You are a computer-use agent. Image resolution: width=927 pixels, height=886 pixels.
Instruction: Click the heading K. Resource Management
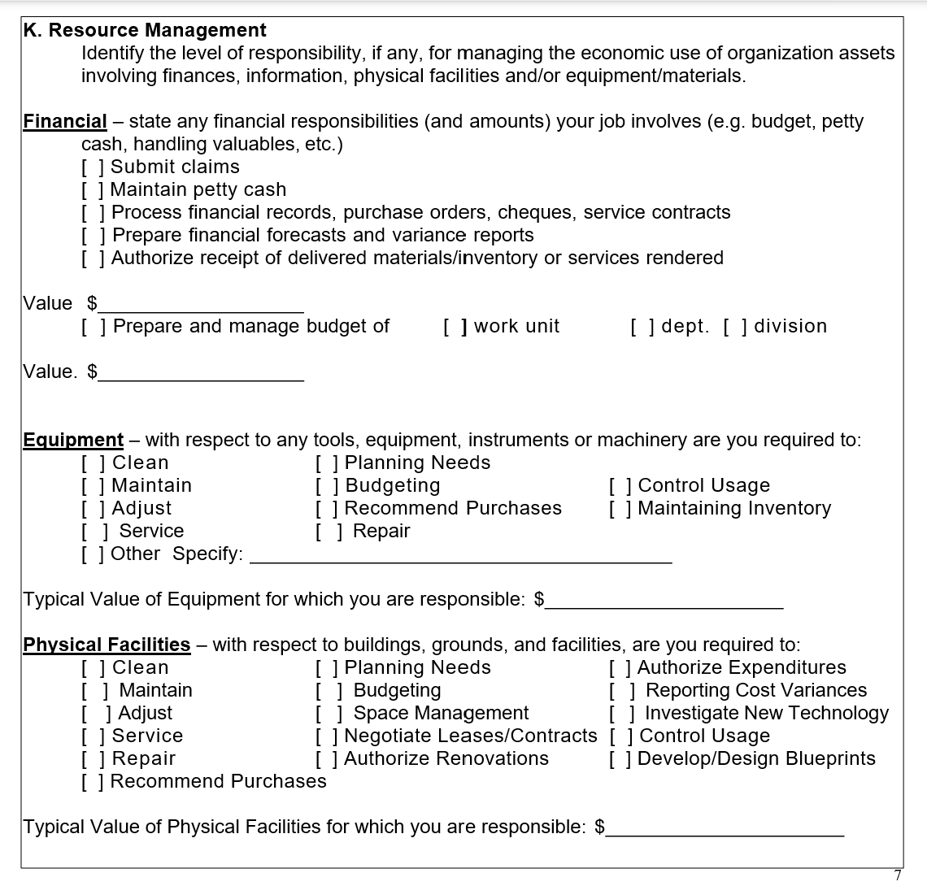[145, 31]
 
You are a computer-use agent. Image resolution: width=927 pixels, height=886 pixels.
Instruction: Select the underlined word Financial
[65, 122]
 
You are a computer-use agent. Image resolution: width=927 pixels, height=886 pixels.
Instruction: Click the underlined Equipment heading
[73, 441]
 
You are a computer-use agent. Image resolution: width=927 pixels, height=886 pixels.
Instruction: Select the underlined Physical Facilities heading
[107, 645]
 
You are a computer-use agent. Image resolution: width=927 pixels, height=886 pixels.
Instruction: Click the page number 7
[898, 875]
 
